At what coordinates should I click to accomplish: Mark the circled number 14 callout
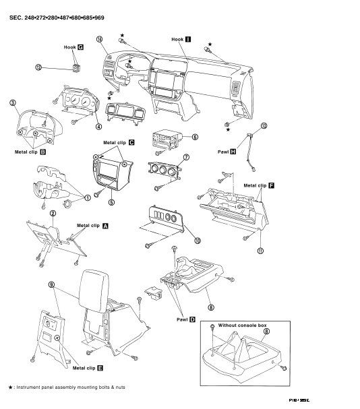click(x=99, y=40)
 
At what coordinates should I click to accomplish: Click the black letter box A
click(x=104, y=227)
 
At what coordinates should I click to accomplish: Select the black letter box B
click(x=43, y=152)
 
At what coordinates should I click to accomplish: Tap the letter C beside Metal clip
click(x=131, y=143)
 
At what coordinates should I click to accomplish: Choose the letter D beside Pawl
click(x=193, y=319)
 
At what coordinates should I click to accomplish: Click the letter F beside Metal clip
click(x=271, y=184)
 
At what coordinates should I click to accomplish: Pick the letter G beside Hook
click(x=81, y=48)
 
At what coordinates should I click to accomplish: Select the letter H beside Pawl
click(x=233, y=153)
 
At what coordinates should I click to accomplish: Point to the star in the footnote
click(x=10, y=387)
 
